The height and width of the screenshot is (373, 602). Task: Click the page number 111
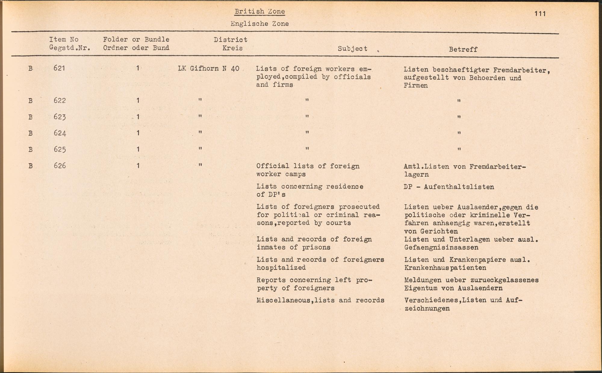tap(540, 14)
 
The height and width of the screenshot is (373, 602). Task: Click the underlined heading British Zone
tap(260, 11)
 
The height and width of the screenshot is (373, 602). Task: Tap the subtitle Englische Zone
tap(259, 24)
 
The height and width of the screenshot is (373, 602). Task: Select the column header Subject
tap(352, 49)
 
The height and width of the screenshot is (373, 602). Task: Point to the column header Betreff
tap(463, 49)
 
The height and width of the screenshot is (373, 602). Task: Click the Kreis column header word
tap(232, 48)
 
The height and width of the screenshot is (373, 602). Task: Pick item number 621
tap(59, 68)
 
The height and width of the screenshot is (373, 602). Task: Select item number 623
tap(60, 117)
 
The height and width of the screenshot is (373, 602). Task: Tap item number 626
tap(60, 165)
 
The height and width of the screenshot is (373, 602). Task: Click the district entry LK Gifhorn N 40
tap(209, 69)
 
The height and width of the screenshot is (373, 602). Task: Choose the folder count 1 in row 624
tap(138, 133)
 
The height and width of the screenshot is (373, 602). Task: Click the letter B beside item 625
tap(30, 150)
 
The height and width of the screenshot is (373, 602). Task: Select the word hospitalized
tap(281, 267)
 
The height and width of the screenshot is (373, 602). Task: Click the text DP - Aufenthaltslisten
tap(449, 187)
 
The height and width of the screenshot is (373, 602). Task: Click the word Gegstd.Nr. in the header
tap(70, 48)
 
